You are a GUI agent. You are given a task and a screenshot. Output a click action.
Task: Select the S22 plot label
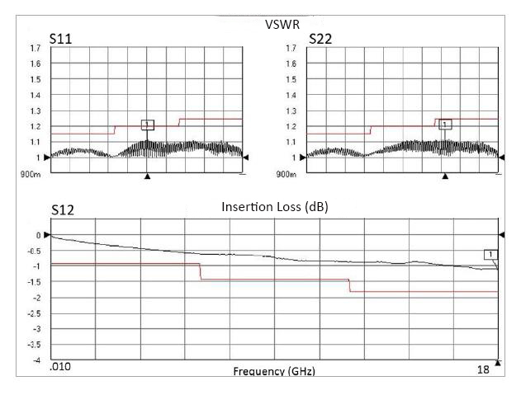click(x=320, y=38)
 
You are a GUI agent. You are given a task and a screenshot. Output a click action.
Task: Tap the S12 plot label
click(x=64, y=209)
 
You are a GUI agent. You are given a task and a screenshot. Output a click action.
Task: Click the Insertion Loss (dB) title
click(x=274, y=207)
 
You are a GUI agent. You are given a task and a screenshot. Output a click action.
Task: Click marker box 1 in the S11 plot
click(x=148, y=125)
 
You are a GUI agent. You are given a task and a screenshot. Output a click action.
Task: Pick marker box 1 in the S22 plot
click(x=445, y=125)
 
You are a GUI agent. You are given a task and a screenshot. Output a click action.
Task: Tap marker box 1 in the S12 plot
click(x=490, y=254)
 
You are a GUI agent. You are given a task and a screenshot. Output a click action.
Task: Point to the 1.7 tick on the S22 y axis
click(x=291, y=49)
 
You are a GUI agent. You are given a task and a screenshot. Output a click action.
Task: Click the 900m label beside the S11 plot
click(x=31, y=174)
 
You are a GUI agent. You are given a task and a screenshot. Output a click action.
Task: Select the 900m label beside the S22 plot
click(x=287, y=174)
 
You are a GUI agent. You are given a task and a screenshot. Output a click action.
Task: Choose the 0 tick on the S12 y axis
click(x=38, y=236)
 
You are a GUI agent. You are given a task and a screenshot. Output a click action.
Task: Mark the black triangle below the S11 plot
click(x=148, y=176)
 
